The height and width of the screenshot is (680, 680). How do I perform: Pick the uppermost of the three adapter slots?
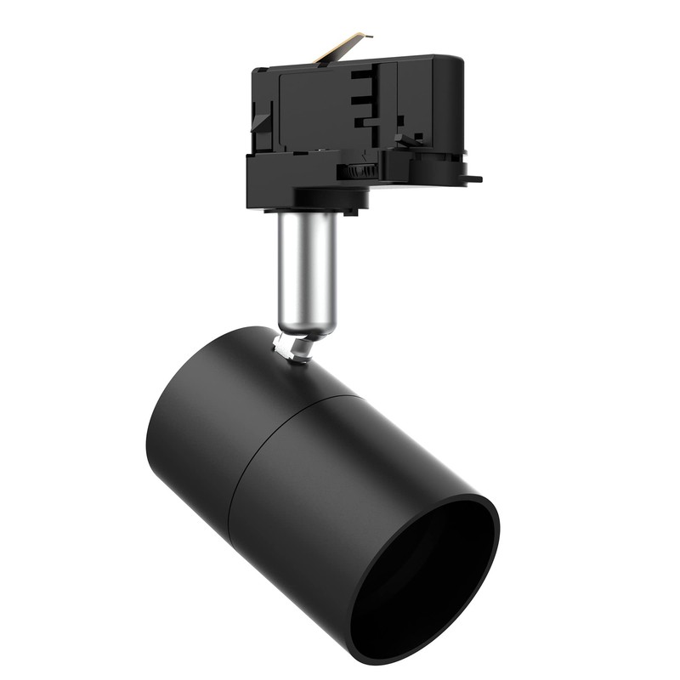pos(361,75)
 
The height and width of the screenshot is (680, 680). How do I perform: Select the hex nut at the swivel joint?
pos(294,349)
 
